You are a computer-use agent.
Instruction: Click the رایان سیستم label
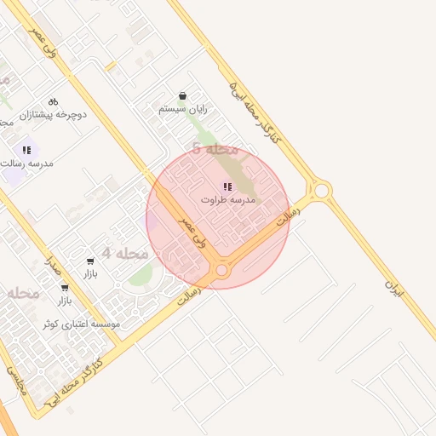[182, 109]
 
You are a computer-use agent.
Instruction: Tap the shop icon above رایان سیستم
[182, 95]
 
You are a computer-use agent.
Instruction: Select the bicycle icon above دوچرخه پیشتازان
[53, 100]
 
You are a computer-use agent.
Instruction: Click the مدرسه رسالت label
[28, 162]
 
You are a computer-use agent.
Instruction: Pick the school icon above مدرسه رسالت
[27, 149]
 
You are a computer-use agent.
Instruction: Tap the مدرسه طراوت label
[228, 199]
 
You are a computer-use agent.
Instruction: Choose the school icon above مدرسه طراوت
[227, 186]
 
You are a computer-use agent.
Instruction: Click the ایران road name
[393, 290]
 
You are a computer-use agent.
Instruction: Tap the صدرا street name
[53, 267]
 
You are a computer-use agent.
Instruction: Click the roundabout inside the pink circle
[221, 270]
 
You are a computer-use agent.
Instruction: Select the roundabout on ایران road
[320, 190]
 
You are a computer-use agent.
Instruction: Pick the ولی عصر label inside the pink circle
[189, 227]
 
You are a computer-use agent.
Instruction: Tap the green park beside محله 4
[141, 275]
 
